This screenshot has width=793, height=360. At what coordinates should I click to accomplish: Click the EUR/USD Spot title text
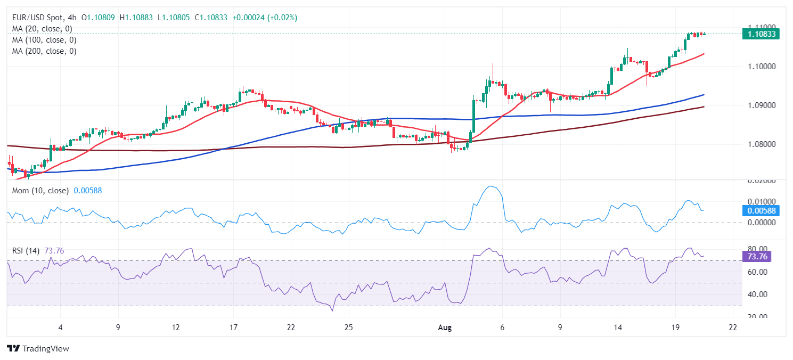click(x=36, y=18)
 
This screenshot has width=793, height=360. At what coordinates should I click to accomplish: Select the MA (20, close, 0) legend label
click(x=42, y=29)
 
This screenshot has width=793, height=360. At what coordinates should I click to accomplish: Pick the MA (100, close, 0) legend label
click(x=44, y=40)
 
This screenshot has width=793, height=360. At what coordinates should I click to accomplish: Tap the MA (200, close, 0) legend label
click(x=44, y=51)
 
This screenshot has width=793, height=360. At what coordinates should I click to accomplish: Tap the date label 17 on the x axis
click(x=233, y=328)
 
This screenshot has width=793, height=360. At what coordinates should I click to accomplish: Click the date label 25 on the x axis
click(x=348, y=328)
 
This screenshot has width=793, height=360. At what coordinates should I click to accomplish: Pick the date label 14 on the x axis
click(x=618, y=328)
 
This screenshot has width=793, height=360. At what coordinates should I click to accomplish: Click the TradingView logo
click(x=38, y=349)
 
